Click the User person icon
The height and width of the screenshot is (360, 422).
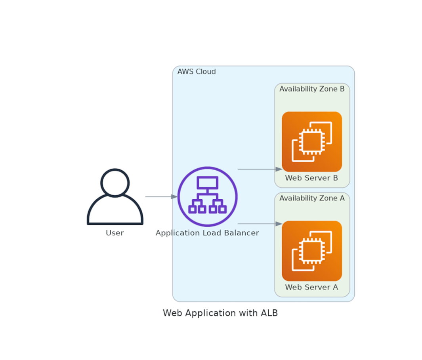(x=115, y=198)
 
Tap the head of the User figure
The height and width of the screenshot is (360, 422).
(x=115, y=183)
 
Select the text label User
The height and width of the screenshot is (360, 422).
(x=115, y=233)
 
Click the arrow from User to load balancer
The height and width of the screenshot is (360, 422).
(x=161, y=196)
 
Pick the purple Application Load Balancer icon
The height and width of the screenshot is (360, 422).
(x=207, y=196)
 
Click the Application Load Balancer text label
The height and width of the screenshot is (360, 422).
(x=207, y=233)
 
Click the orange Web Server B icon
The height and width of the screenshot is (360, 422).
(x=311, y=142)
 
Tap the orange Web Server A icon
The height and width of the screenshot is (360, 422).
(x=311, y=251)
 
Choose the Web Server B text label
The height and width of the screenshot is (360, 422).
(x=311, y=178)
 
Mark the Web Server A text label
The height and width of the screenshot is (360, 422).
(x=311, y=288)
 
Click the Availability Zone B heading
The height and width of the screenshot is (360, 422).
(x=312, y=89)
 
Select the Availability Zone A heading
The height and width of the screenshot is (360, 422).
(x=312, y=198)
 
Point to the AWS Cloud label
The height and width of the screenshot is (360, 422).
(x=197, y=72)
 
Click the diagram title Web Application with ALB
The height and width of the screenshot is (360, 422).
(x=220, y=313)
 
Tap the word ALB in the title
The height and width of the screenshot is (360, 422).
(x=269, y=313)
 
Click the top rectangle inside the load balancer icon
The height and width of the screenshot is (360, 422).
(x=207, y=183)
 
